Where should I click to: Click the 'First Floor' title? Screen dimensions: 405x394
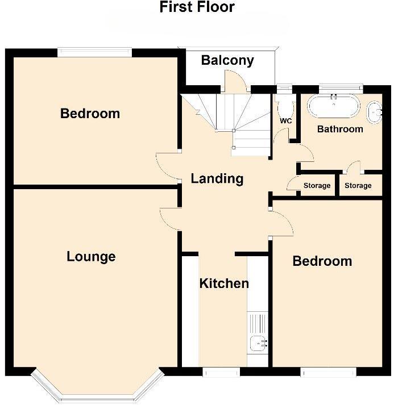point(197,7)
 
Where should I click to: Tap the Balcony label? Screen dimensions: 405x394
point(227,60)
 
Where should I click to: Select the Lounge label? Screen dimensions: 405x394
point(91,257)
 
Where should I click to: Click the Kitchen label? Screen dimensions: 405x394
point(224,283)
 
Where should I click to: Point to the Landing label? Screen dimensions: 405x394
point(217,179)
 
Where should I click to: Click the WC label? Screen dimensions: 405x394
point(285,121)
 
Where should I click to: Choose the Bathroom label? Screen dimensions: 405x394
point(340,129)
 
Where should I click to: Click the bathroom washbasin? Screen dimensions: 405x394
point(375,112)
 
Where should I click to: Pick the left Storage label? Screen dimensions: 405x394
point(317,186)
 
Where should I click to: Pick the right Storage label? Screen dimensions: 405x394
point(358,186)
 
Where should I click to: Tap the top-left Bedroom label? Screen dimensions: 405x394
point(90,114)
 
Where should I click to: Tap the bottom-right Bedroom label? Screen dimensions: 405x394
point(322,261)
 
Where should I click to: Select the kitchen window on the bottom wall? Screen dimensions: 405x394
point(221,372)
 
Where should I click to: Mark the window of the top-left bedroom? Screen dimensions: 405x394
point(94,53)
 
